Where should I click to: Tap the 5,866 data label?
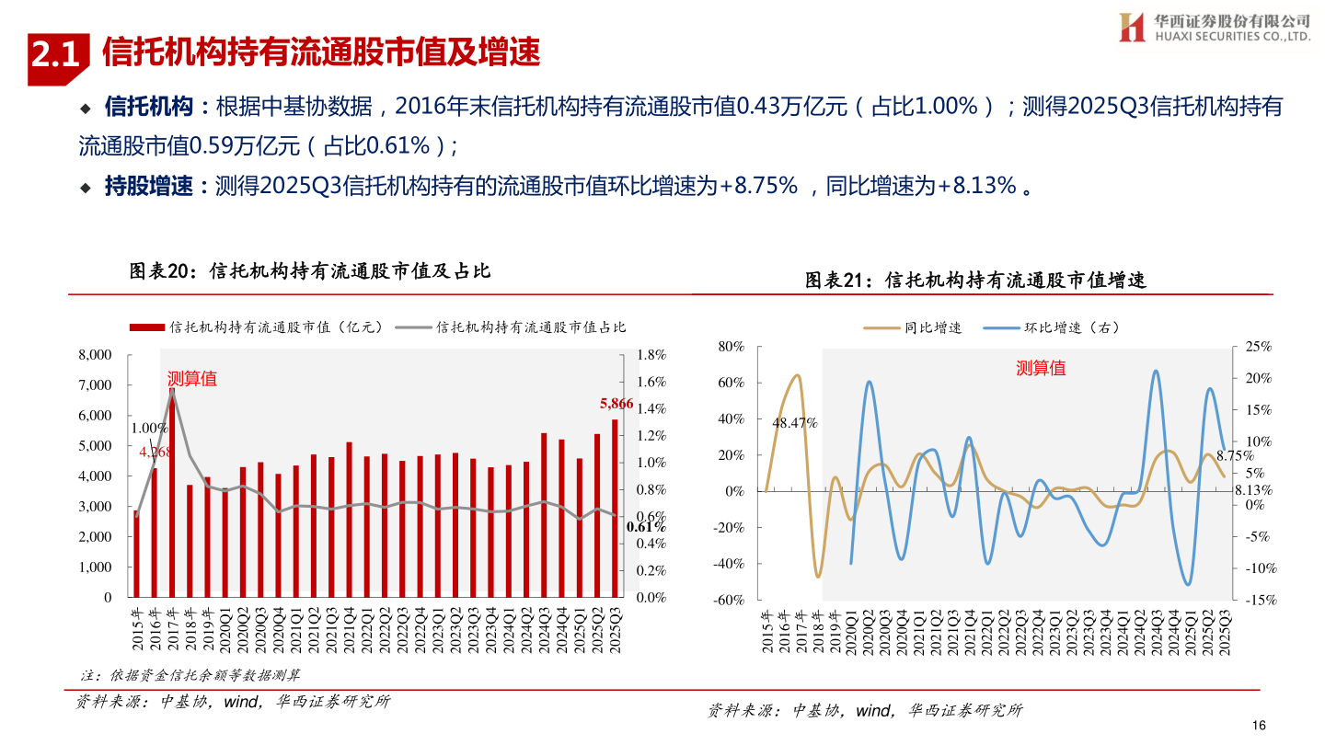coord(616,403)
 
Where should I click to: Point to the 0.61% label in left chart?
coord(646,527)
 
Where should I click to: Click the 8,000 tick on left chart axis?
coord(95,355)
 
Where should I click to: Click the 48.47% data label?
coord(795,423)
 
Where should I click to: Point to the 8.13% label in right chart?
coord(1252,490)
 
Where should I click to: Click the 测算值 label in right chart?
coord(1041,369)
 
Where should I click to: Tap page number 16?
coord(1260,726)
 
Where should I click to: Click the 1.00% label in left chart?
coord(149,428)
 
